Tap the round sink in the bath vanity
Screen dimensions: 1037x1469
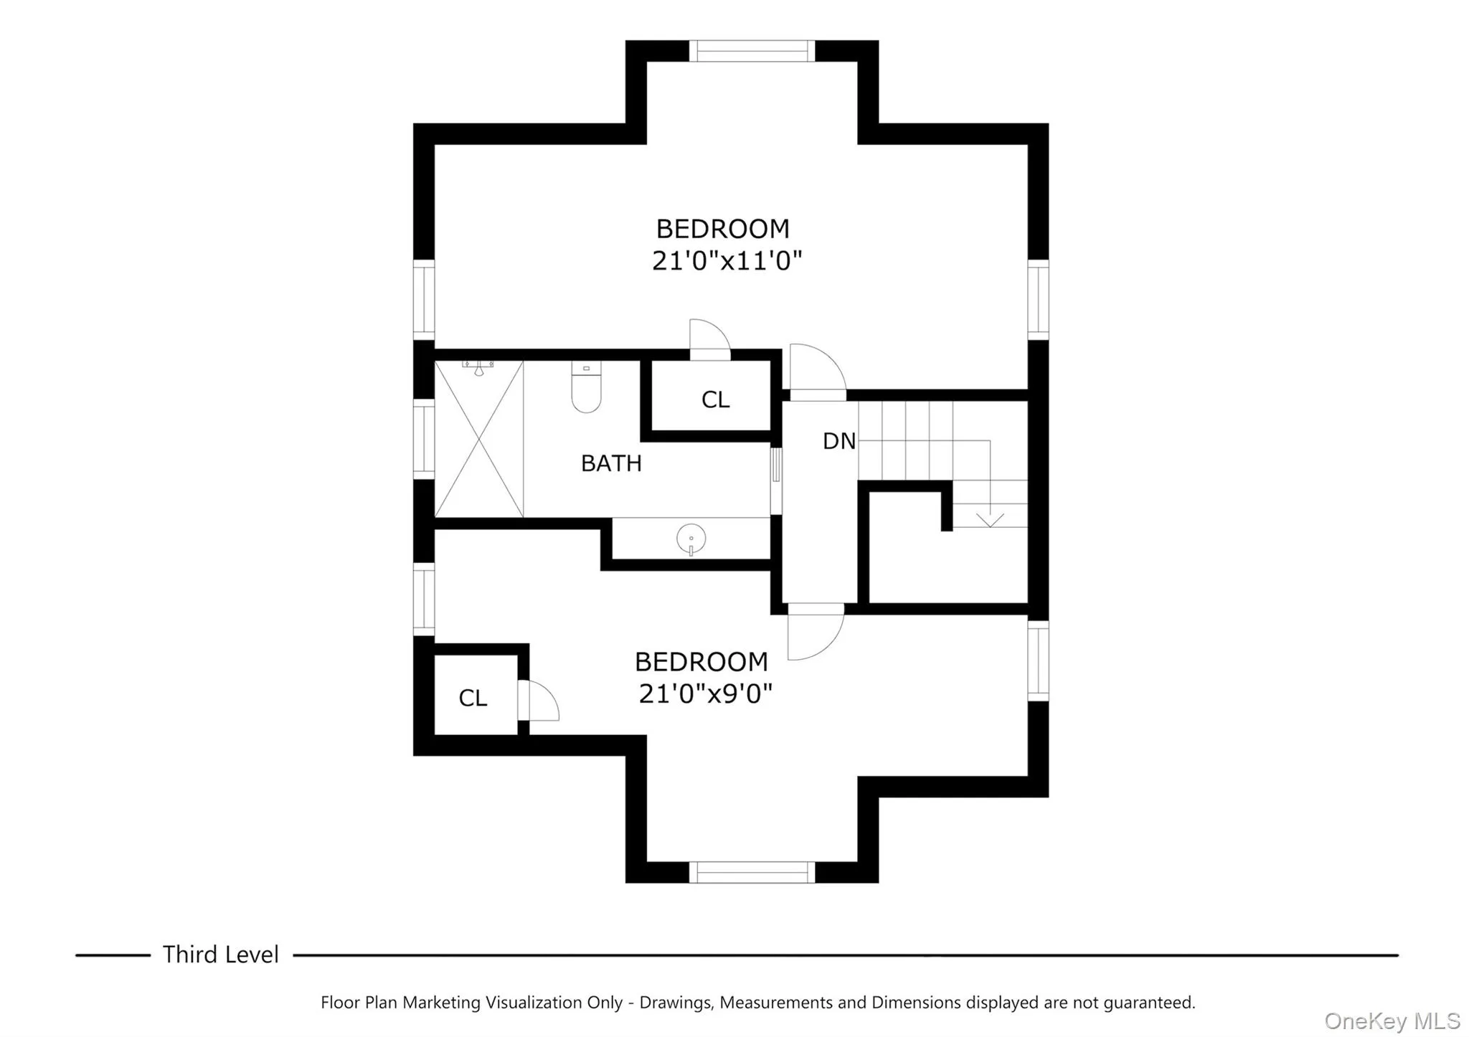(691, 538)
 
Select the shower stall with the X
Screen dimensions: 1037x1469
(478, 439)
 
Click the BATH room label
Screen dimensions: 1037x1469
(611, 464)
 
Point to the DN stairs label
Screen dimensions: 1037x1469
(839, 441)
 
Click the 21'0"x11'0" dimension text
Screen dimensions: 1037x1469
(726, 261)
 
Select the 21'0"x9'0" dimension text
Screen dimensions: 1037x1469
(705, 693)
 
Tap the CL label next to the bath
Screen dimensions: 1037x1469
(715, 400)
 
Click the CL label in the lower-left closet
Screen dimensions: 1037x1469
(473, 698)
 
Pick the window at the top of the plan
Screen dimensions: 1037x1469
(752, 51)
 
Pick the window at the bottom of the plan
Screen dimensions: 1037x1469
(752, 872)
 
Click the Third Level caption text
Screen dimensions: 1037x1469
(220, 955)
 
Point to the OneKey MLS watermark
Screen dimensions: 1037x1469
(1392, 1021)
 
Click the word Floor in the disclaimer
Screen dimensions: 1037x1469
(339, 1003)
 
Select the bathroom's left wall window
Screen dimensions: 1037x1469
(424, 439)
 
